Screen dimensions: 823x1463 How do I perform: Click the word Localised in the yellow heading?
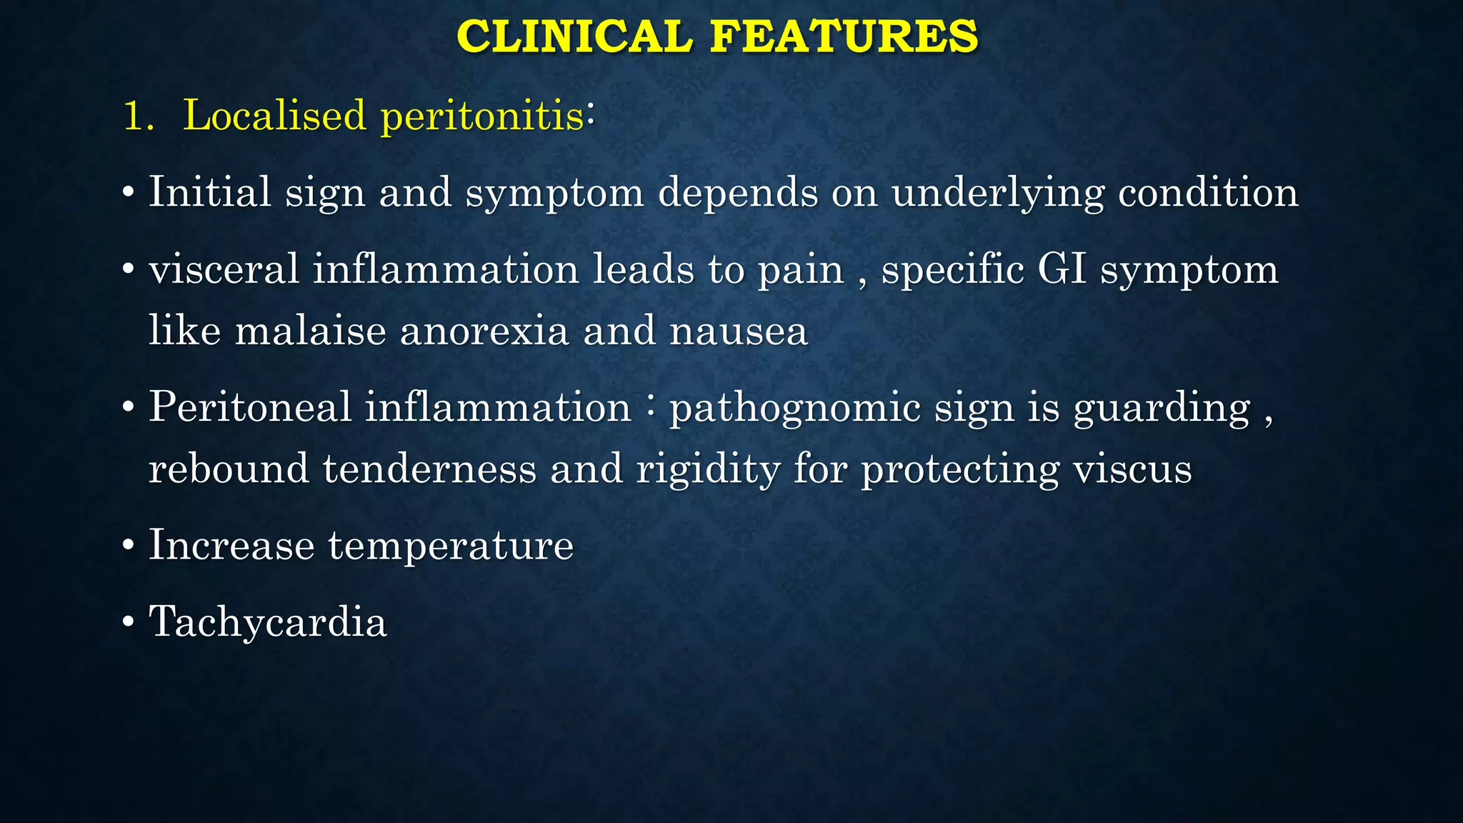[x=274, y=115]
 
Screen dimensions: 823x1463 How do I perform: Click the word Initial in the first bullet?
[x=209, y=192]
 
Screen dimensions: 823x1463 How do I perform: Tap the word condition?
[x=1208, y=192]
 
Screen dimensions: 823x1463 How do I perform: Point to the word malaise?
[x=310, y=331]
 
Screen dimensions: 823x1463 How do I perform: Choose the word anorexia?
[x=484, y=331]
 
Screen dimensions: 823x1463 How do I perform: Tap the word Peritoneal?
[x=250, y=407]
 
